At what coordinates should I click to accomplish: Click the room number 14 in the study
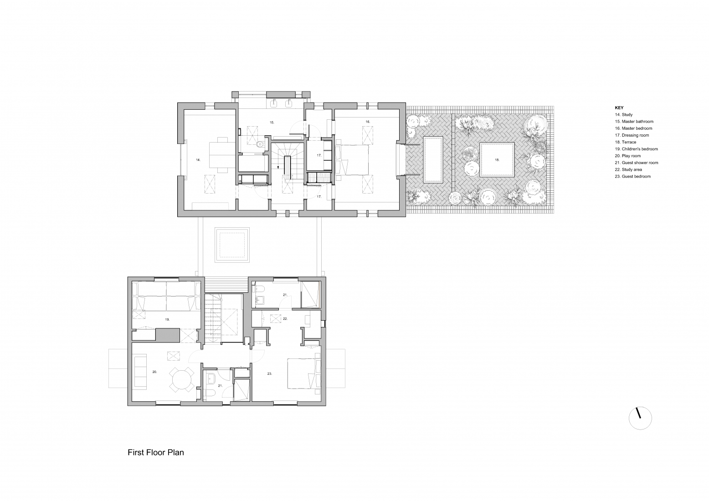point(198,160)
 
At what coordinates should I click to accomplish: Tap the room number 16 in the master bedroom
point(367,122)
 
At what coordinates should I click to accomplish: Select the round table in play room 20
point(181,379)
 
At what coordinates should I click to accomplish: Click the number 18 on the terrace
point(497,160)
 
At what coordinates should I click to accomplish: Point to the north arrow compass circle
point(640,417)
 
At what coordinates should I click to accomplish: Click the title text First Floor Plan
point(155,453)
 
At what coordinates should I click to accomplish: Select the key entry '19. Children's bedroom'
point(637,149)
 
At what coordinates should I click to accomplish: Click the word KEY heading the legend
point(619,108)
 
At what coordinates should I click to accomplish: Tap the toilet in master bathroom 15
point(260,145)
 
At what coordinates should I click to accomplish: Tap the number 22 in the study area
point(285,319)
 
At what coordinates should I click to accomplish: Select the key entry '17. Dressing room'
point(632,135)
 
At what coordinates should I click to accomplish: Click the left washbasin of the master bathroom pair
point(275,103)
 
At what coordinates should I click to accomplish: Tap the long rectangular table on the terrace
point(433,159)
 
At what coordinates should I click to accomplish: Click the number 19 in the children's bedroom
point(167,320)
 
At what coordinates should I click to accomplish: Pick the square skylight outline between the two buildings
point(233,245)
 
